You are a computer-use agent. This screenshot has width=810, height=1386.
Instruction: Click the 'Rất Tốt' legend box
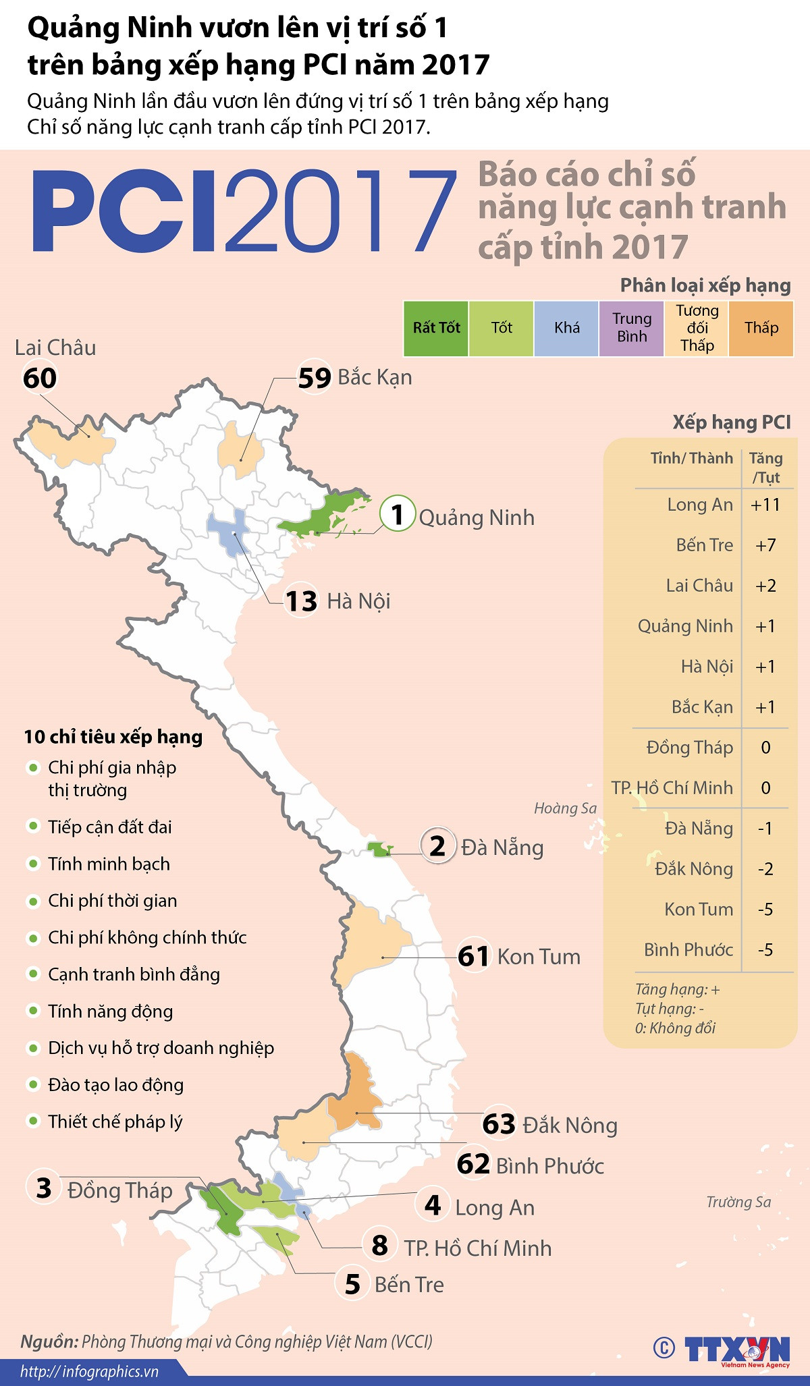pyautogui.click(x=436, y=329)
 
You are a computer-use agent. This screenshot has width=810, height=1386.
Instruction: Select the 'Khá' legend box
pyautogui.click(x=566, y=329)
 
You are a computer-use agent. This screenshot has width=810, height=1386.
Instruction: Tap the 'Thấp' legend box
pyautogui.click(x=761, y=329)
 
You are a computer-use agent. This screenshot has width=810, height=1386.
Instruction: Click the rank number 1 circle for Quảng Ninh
pyautogui.click(x=398, y=514)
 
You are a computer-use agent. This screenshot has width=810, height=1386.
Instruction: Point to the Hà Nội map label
pyautogui.click(x=358, y=601)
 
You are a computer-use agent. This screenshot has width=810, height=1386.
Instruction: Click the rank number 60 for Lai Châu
pyautogui.click(x=40, y=378)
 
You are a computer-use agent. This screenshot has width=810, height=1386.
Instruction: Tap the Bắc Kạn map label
pyautogui.click(x=375, y=377)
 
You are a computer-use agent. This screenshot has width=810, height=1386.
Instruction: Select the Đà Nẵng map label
pyautogui.click(x=502, y=848)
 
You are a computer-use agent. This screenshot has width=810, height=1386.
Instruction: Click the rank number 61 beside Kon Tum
pyautogui.click(x=473, y=957)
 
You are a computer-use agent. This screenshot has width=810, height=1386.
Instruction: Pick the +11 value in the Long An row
pyautogui.click(x=765, y=505)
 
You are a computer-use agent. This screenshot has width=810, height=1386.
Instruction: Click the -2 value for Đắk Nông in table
pyautogui.click(x=765, y=869)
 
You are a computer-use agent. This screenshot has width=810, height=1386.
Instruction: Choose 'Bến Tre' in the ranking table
pyautogui.click(x=704, y=545)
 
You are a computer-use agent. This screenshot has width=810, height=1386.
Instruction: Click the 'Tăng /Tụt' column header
pyautogui.click(x=766, y=468)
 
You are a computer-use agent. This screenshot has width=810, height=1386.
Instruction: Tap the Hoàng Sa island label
pyautogui.click(x=565, y=808)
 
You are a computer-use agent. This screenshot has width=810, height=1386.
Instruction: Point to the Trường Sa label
pyautogui.click(x=738, y=1202)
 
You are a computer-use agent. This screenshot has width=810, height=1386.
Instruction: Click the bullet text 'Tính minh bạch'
pyautogui.click(x=109, y=864)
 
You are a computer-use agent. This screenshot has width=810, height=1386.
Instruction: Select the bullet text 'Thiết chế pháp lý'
pyautogui.click(x=115, y=1122)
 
